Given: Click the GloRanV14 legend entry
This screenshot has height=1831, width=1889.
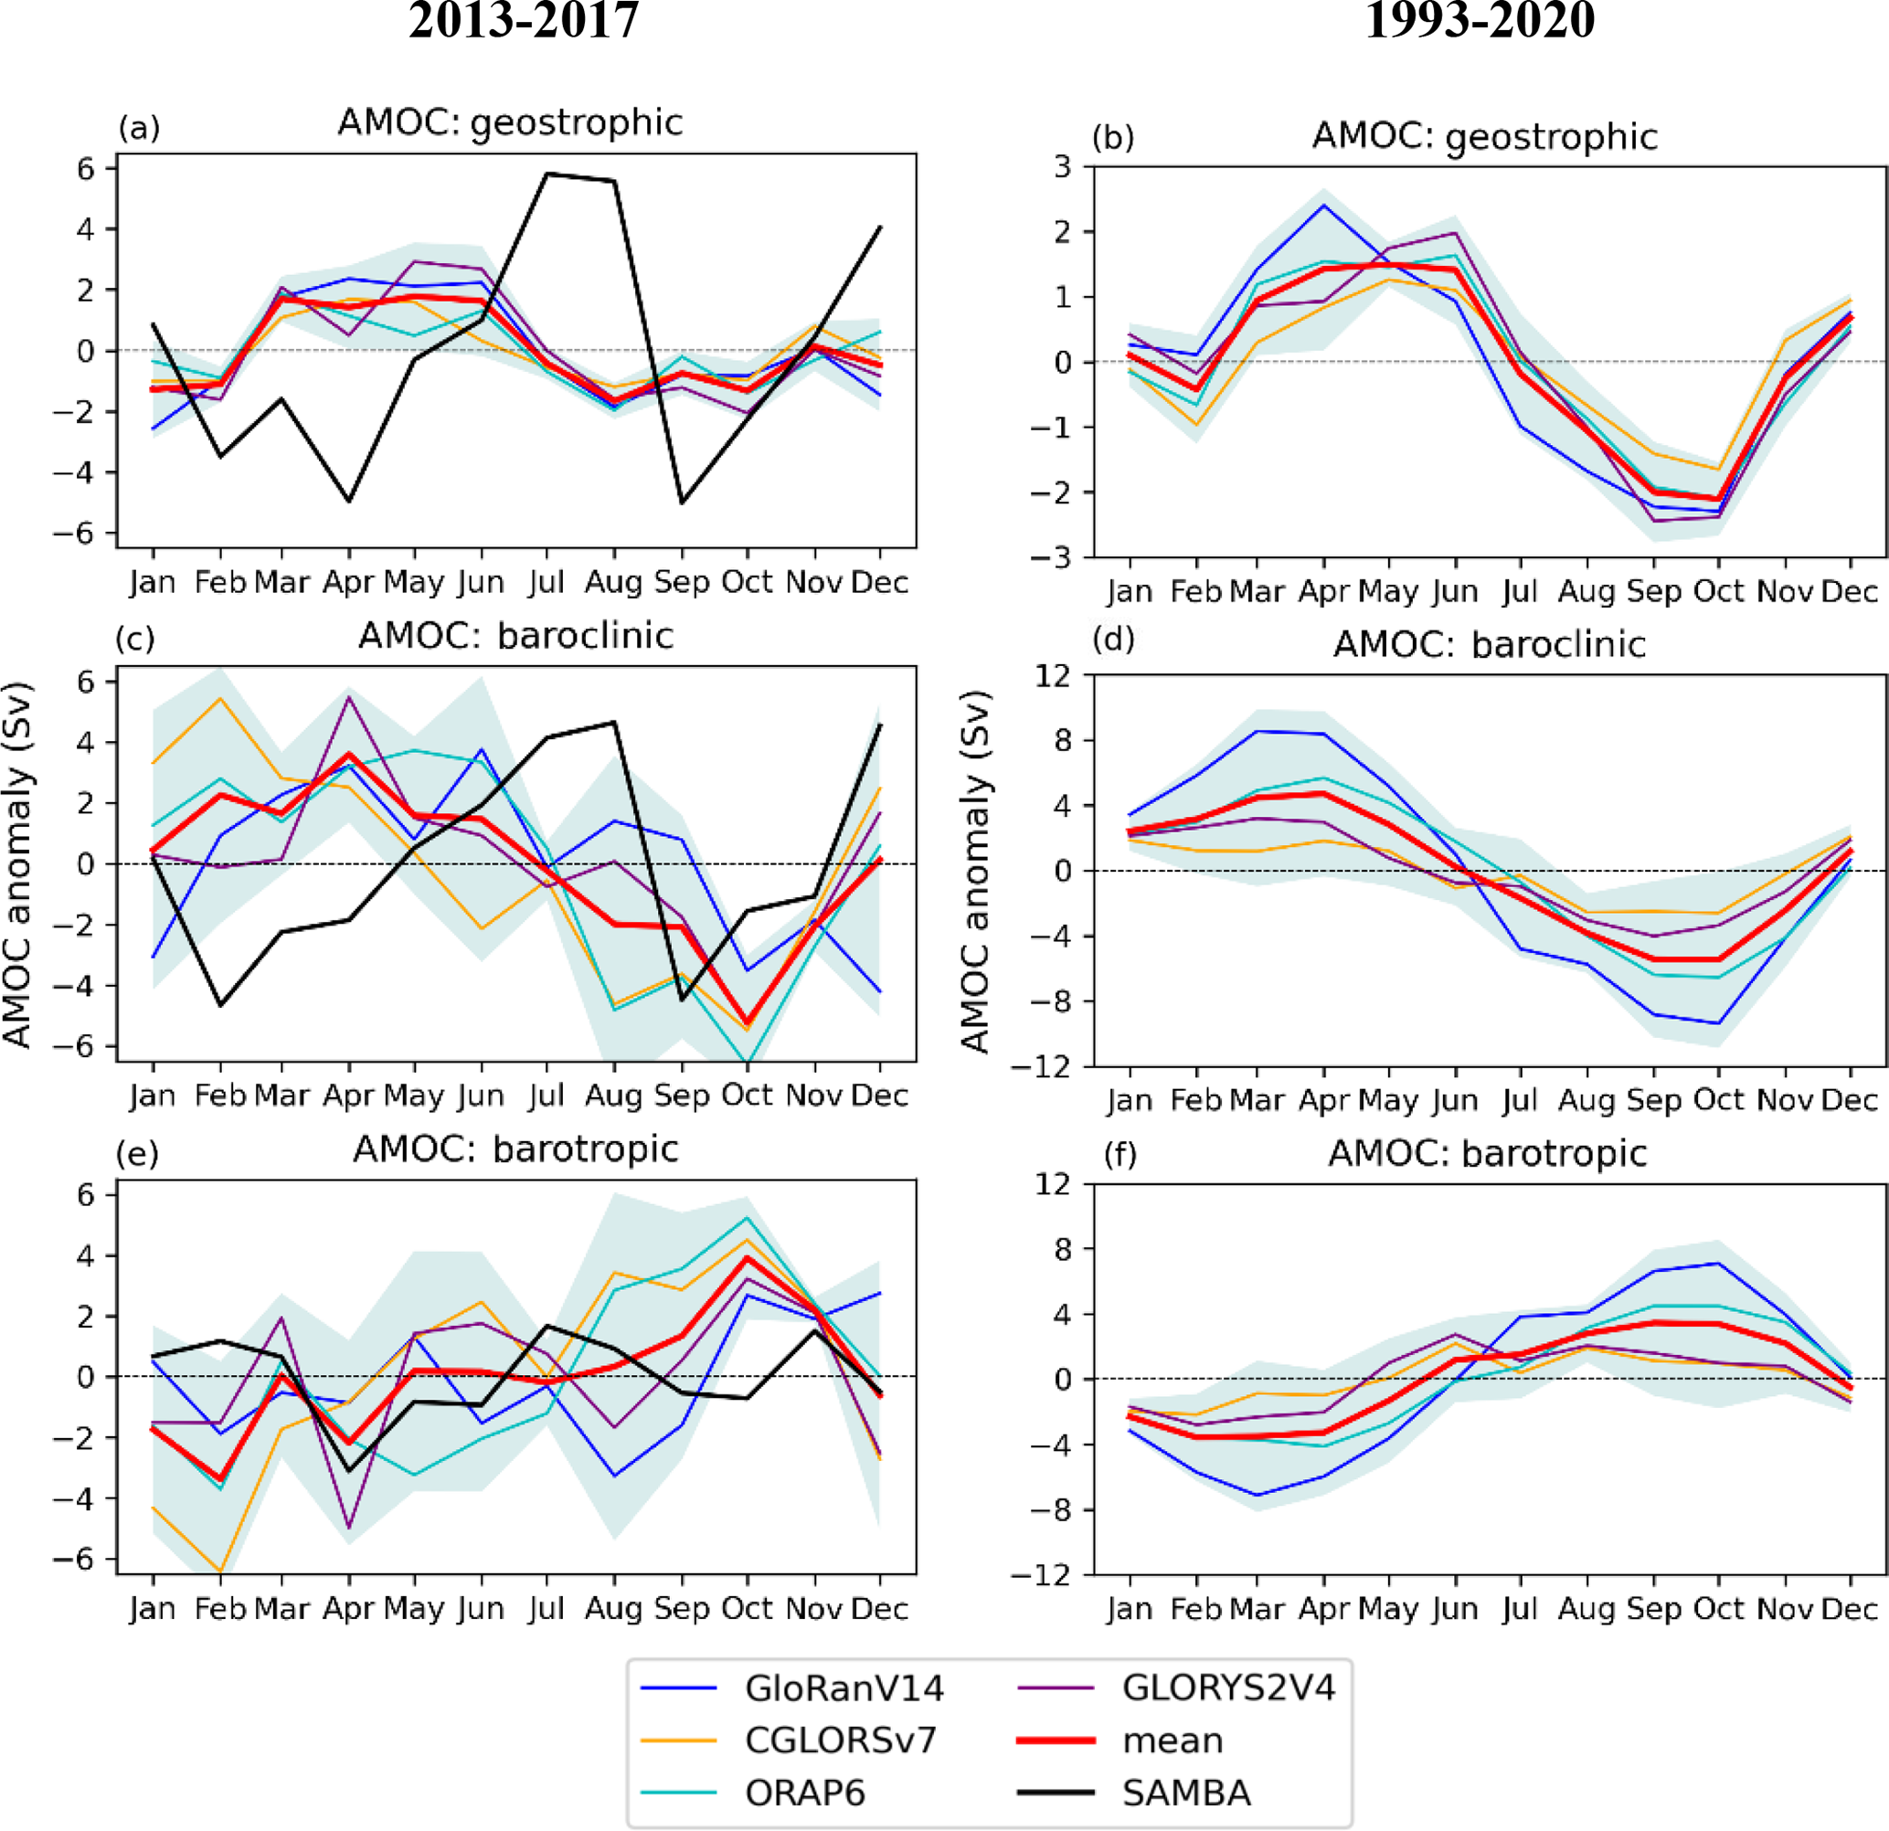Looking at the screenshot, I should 844,1688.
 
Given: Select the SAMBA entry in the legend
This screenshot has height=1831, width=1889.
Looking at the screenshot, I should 1186,1793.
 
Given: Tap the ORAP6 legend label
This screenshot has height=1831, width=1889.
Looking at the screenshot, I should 805,1793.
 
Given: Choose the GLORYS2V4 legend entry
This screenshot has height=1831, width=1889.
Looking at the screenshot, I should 1229,1688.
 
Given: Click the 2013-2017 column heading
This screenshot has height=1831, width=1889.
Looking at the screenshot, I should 524,21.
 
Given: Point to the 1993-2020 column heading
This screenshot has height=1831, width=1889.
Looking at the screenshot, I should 1480,21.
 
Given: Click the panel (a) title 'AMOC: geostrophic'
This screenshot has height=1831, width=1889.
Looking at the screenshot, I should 510,123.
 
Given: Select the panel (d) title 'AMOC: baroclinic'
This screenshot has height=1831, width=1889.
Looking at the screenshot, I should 1489,645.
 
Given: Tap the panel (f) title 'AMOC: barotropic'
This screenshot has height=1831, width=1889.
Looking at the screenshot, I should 1487,1154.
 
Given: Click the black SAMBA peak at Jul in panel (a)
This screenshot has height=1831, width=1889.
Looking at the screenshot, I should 547,175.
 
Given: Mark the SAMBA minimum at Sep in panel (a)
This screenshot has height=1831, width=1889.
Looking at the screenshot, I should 683,503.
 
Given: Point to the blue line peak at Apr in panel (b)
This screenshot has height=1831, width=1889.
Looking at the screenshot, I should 1324,206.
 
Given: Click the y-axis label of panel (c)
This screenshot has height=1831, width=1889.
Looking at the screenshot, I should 17,864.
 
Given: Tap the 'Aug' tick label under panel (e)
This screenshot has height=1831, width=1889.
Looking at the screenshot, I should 613,1608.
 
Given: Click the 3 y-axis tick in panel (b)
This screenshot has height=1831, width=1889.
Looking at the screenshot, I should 1062,166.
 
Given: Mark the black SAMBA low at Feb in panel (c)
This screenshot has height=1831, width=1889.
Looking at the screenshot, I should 221,1005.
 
